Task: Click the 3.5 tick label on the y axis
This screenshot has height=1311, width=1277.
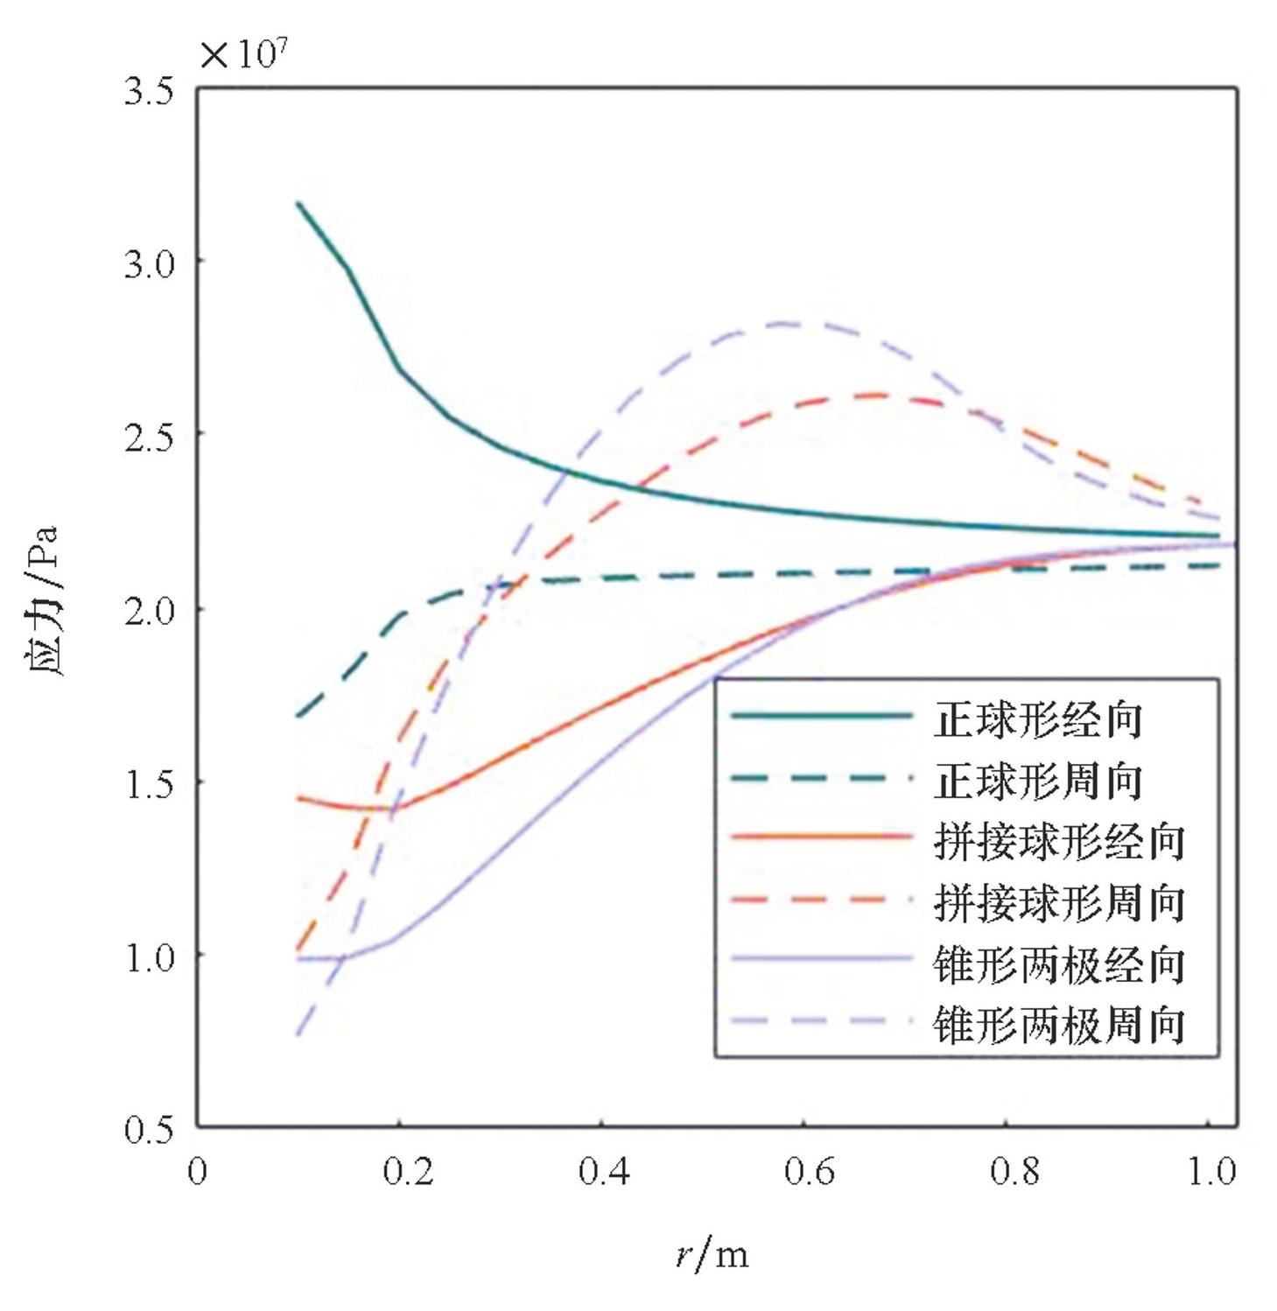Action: pos(148,90)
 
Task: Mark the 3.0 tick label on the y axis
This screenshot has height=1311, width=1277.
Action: pos(148,263)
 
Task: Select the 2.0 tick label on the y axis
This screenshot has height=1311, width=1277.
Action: pos(148,610)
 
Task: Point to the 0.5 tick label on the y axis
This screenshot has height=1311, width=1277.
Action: pos(148,1129)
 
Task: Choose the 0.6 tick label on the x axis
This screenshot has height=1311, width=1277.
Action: pos(809,1171)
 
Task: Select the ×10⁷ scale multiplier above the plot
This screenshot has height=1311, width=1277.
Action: pos(243,54)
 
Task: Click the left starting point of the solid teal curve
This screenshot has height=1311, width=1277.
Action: pos(298,203)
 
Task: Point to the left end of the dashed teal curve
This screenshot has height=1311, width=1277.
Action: pos(298,717)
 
